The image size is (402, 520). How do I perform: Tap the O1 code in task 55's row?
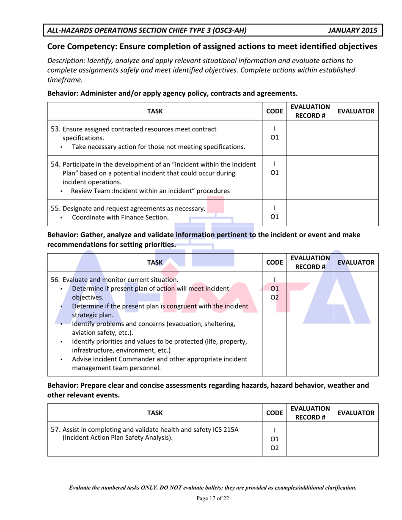click(275, 217)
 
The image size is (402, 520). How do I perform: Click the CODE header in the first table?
click(275, 112)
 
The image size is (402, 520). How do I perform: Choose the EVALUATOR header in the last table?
click(356, 411)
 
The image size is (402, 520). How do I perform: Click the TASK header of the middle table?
click(155, 263)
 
